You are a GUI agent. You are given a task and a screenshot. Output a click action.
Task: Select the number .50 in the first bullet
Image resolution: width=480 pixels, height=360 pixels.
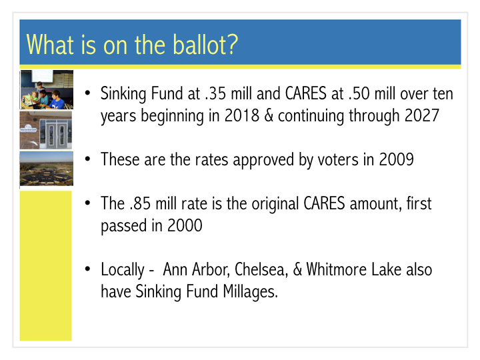tap(359, 93)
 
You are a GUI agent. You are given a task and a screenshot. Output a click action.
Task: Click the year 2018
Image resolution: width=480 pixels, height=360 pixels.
tap(242, 116)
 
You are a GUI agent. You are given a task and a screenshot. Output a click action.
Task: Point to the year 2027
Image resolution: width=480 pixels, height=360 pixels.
tap(422, 116)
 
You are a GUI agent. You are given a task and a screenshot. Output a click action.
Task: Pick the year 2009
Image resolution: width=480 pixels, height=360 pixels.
tap(397, 159)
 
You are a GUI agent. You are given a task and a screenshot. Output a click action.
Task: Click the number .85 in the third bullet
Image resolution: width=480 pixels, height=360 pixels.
tap(140, 203)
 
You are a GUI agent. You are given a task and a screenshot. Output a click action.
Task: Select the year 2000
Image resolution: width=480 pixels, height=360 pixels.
tap(185, 225)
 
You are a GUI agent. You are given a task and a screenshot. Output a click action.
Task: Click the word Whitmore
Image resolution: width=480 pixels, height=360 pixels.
tap(337, 269)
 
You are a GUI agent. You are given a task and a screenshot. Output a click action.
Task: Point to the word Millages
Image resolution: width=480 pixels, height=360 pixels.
tap(251, 291)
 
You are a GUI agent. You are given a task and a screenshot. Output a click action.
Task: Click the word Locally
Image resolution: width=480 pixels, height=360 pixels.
tap(123, 270)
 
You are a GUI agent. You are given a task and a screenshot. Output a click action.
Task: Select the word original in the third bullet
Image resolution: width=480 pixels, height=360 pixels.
tap(275, 204)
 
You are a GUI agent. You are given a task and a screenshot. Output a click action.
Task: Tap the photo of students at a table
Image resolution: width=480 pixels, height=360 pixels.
tap(47, 90)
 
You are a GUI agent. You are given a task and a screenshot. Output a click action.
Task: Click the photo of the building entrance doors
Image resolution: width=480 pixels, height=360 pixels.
tap(46, 130)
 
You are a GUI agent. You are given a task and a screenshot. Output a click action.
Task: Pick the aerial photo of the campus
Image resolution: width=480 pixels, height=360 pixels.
tap(47, 169)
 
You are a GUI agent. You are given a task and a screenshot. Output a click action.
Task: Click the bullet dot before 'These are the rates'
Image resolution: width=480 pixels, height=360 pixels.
tap(88, 159)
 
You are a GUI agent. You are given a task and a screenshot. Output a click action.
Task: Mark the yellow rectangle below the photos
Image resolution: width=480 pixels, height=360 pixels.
tap(46, 266)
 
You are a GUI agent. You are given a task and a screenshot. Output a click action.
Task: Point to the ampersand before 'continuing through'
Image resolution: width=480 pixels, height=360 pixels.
tap(269, 116)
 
